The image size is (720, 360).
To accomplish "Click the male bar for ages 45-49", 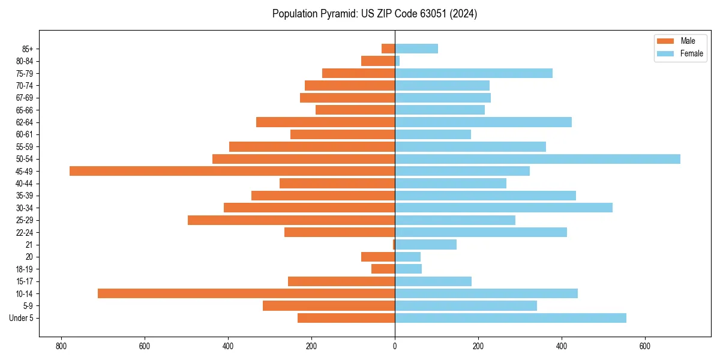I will [x=232, y=171].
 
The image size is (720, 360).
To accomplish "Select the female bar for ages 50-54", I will [x=538, y=159].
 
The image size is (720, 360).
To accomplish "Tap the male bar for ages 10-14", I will [x=246, y=293].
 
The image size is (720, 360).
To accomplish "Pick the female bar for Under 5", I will [x=511, y=318].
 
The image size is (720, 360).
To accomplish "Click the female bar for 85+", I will [x=416, y=49].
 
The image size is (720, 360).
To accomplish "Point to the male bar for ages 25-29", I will [x=291, y=220].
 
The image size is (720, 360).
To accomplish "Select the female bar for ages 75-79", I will [x=473, y=73].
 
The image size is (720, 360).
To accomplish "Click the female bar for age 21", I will [x=425, y=244].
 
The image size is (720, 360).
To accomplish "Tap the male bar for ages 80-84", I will [x=378, y=61].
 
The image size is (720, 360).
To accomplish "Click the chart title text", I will [x=374, y=14].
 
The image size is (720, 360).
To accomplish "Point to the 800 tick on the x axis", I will [x=61, y=346].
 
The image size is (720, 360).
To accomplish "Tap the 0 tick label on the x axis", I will [x=395, y=346].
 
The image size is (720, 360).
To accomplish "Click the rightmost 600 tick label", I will [x=645, y=346].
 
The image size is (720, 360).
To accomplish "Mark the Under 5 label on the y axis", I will [x=21, y=318].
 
